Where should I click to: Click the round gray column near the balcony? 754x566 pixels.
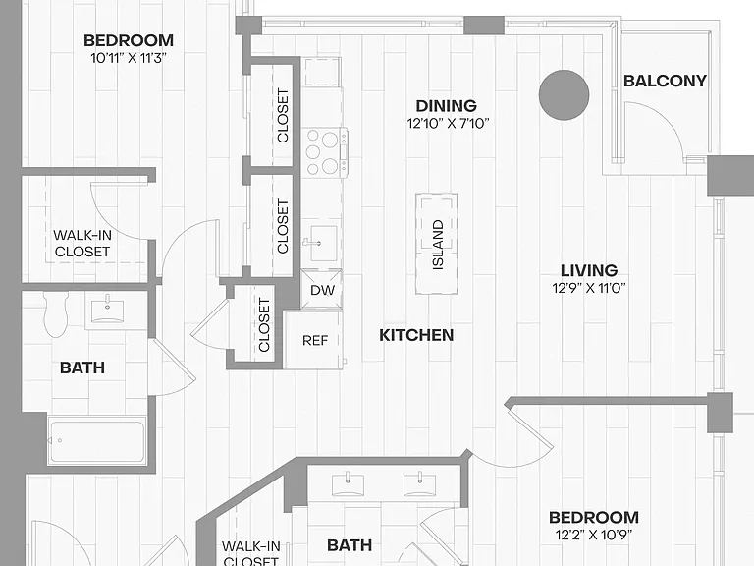(x=564, y=95)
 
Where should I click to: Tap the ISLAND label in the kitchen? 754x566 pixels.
(x=438, y=245)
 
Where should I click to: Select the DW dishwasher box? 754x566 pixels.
(x=322, y=289)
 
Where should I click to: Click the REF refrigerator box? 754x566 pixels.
(x=314, y=340)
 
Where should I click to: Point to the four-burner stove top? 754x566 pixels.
(x=324, y=152)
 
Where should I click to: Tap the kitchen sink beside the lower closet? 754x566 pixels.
(x=323, y=244)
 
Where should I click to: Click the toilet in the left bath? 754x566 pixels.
(x=56, y=314)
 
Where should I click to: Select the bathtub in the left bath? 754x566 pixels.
(x=97, y=441)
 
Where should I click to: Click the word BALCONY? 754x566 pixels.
(x=665, y=81)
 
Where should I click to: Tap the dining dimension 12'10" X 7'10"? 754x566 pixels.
(x=448, y=123)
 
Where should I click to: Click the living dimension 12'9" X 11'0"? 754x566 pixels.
(x=589, y=288)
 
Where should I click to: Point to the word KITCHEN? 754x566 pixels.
(x=416, y=335)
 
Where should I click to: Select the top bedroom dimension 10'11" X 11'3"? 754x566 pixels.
(x=129, y=58)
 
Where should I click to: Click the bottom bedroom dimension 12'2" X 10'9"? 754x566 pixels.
(x=593, y=535)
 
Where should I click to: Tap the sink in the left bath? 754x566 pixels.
(x=107, y=310)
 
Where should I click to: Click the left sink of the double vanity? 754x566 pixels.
(x=348, y=483)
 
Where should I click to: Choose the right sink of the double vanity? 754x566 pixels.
(x=419, y=483)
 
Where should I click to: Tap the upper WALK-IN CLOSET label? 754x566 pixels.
(x=82, y=243)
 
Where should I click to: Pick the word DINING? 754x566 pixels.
(x=447, y=105)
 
